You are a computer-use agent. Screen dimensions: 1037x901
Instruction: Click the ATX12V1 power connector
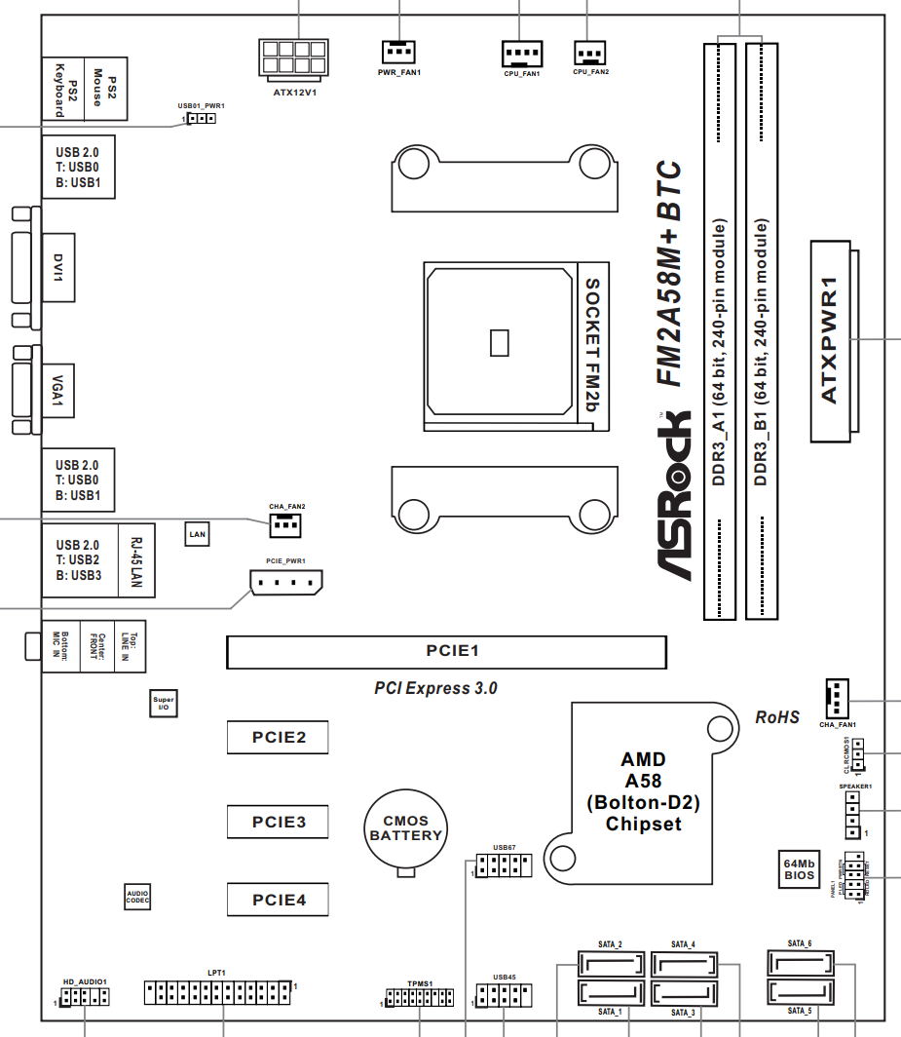pos(292,58)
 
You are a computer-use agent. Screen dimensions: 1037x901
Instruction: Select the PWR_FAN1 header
pos(397,51)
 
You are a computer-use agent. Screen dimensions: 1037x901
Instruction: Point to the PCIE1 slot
pos(446,651)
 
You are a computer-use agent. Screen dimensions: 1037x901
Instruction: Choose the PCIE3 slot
pos(278,822)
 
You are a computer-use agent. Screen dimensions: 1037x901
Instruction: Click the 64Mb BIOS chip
pos(800,868)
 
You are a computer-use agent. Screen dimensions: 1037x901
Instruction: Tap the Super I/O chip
pos(164,703)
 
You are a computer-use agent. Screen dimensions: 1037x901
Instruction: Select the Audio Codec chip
pos(137,897)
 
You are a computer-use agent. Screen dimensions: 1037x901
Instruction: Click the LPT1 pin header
pos(218,993)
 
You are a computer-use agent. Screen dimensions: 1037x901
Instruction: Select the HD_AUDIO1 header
pos(84,996)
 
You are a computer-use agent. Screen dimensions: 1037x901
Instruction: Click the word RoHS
pos(777,717)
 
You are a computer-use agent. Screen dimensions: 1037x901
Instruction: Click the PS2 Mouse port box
pos(106,89)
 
